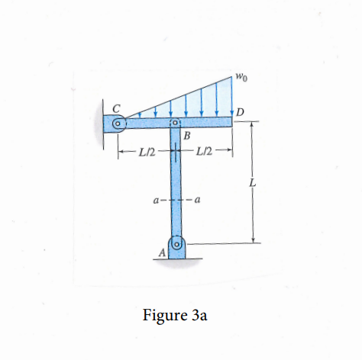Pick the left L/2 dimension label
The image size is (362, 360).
[147, 155]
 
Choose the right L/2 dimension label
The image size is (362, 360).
[205, 155]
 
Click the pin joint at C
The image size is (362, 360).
[118, 123]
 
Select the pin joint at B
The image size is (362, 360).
[174, 123]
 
